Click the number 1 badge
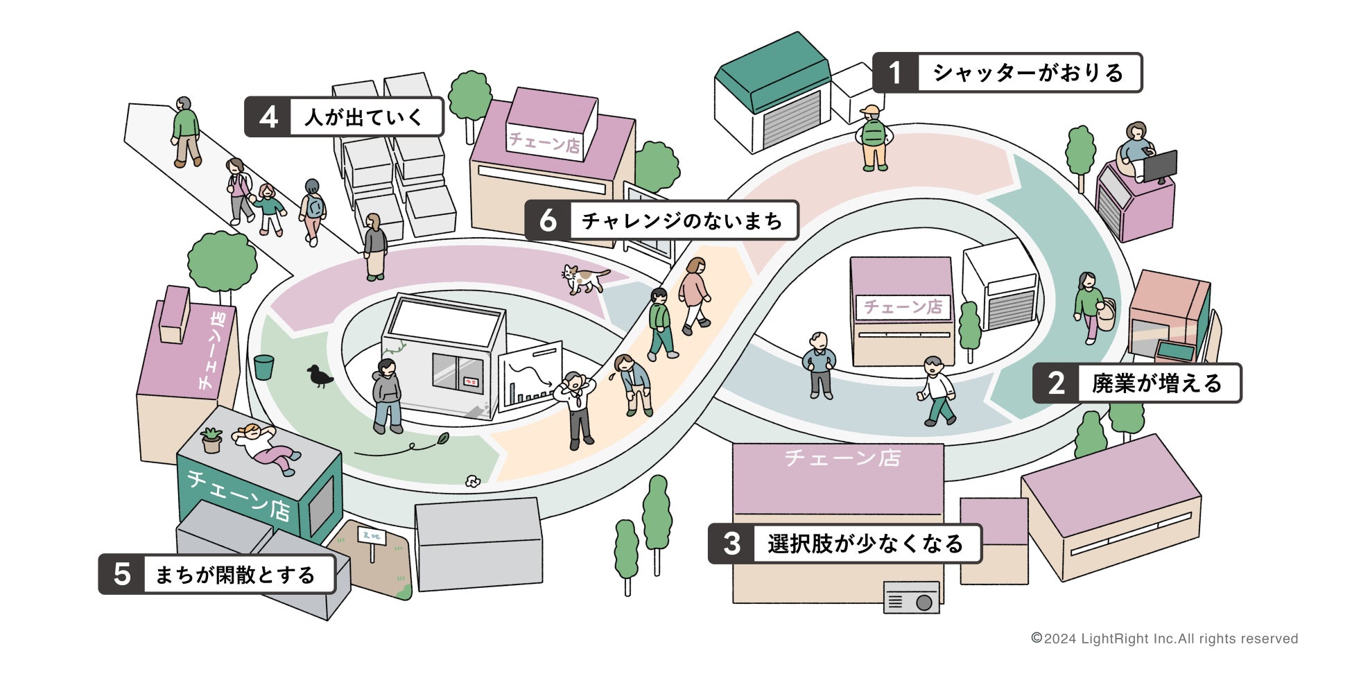[x=895, y=73]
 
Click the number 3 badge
[x=732, y=544]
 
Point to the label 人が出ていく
[x=364, y=117]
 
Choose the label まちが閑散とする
[x=236, y=575]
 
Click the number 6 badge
[x=548, y=220]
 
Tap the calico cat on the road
[x=583, y=279]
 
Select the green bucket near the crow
[x=263, y=367]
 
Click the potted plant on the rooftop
[x=211, y=440]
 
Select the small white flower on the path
[x=473, y=481]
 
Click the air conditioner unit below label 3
[x=911, y=598]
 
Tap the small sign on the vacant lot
[x=372, y=537]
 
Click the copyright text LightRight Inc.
[x=1165, y=639]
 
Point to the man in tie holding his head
[x=577, y=409]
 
